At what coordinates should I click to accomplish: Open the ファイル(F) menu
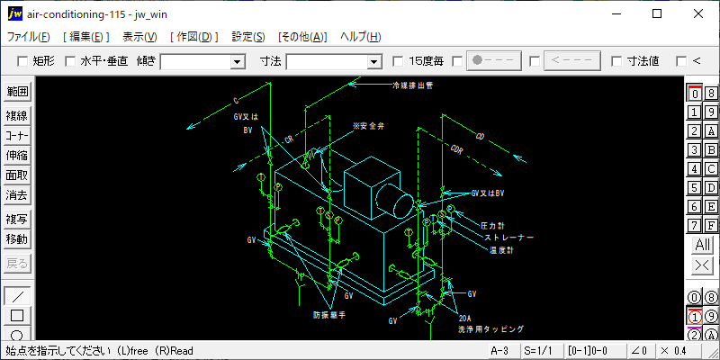click(x=29, y=37)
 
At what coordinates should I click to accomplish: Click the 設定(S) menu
click(x=248, y=37)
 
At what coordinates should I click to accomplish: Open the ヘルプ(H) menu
click(x=360, y=37)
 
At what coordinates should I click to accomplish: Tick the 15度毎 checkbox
click(x=399, y=61)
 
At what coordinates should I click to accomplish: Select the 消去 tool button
click(x=17, y=194)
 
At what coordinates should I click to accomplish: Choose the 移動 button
click(x=17, y=239)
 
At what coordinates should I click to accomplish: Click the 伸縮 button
click(x=17, y=155)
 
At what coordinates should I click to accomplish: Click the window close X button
click(x=698, y=13)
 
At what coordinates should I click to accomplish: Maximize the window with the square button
click(x=657, y=13)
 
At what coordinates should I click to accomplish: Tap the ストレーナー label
click(x=509, y=238)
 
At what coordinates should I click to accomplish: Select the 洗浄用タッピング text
click(x=490, y=329)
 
